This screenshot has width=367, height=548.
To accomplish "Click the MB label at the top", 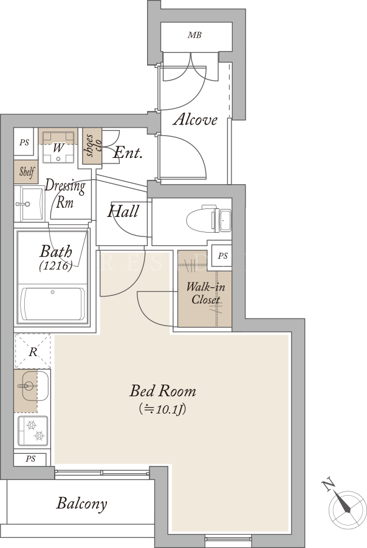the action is (x=194, y=35).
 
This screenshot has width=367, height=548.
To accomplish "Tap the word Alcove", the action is (x=196, y=120).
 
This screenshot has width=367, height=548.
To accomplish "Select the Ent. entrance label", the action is (x=128, y=152).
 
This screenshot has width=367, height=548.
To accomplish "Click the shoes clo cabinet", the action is (x=92, y=146).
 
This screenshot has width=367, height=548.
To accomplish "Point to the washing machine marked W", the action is (x=58, y=147).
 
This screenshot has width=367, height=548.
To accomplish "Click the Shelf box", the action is (x=26, y=172).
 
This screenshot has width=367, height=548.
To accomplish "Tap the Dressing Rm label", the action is (x=65, y=194).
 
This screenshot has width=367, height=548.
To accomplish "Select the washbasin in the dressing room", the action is (x=29, y=204).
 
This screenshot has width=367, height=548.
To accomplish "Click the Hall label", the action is (x=123, y=211).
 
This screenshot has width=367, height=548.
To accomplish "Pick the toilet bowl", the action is (x=208, y=220).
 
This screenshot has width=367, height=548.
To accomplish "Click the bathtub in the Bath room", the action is (x=53, y=304).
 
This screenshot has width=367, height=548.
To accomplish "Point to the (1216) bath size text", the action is (x=56, y=265).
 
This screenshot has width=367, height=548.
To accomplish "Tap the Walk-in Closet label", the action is (x=205, y=293).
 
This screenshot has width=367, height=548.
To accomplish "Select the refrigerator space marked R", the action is (x=32, y=351).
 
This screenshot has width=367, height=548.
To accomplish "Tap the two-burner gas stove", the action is (x=33, y=431).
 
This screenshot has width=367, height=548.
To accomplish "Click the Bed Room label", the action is (x=163, y=391).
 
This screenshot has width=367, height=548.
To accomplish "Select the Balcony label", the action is (x=82, y=504).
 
